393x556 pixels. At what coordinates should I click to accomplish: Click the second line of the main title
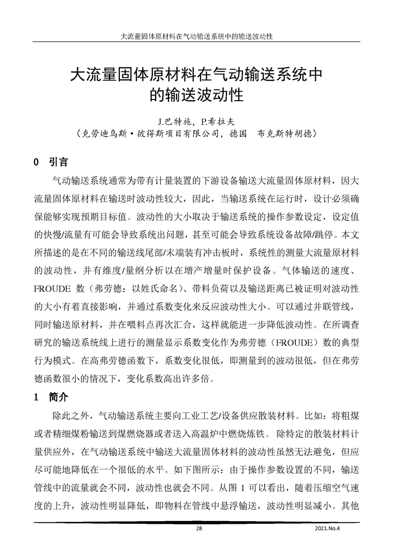[x=197, y=94]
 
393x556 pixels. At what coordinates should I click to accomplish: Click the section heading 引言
[x=58, y=163]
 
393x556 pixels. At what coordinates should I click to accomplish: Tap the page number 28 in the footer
[x=199, y=528]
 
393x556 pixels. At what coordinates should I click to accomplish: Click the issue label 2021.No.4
[x=328, y=528]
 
